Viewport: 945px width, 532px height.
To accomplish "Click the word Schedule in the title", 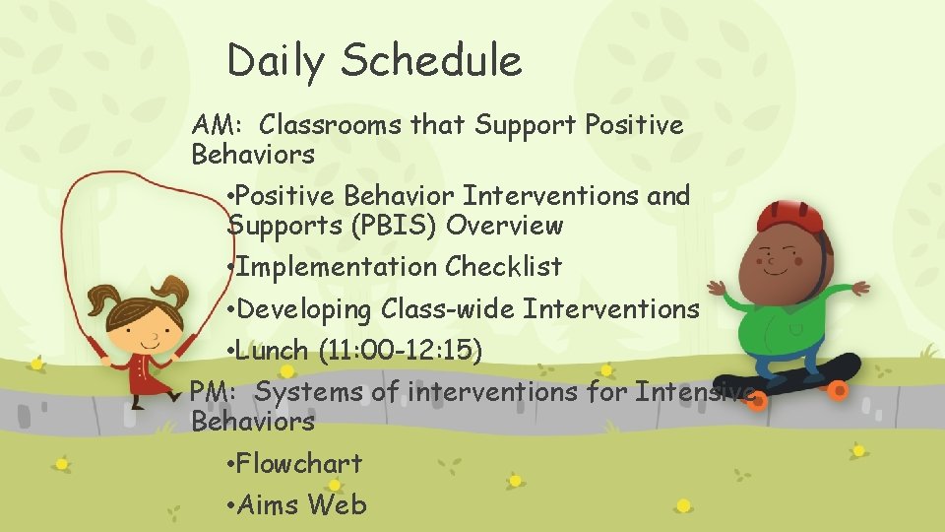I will click(431, 61).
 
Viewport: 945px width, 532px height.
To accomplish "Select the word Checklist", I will click(503, 267).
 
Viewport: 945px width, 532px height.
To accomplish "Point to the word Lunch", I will click(274, 351).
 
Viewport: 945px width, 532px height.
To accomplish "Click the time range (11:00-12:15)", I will click(401, 351).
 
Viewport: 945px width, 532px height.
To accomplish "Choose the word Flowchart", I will click(299, 463).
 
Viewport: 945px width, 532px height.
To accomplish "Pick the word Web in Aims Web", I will click(337, 505).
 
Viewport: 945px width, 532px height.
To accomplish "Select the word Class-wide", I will click(448, 309).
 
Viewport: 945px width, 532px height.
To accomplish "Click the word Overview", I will click(504, 226).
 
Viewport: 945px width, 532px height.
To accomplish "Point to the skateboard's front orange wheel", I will click(838, 391).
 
